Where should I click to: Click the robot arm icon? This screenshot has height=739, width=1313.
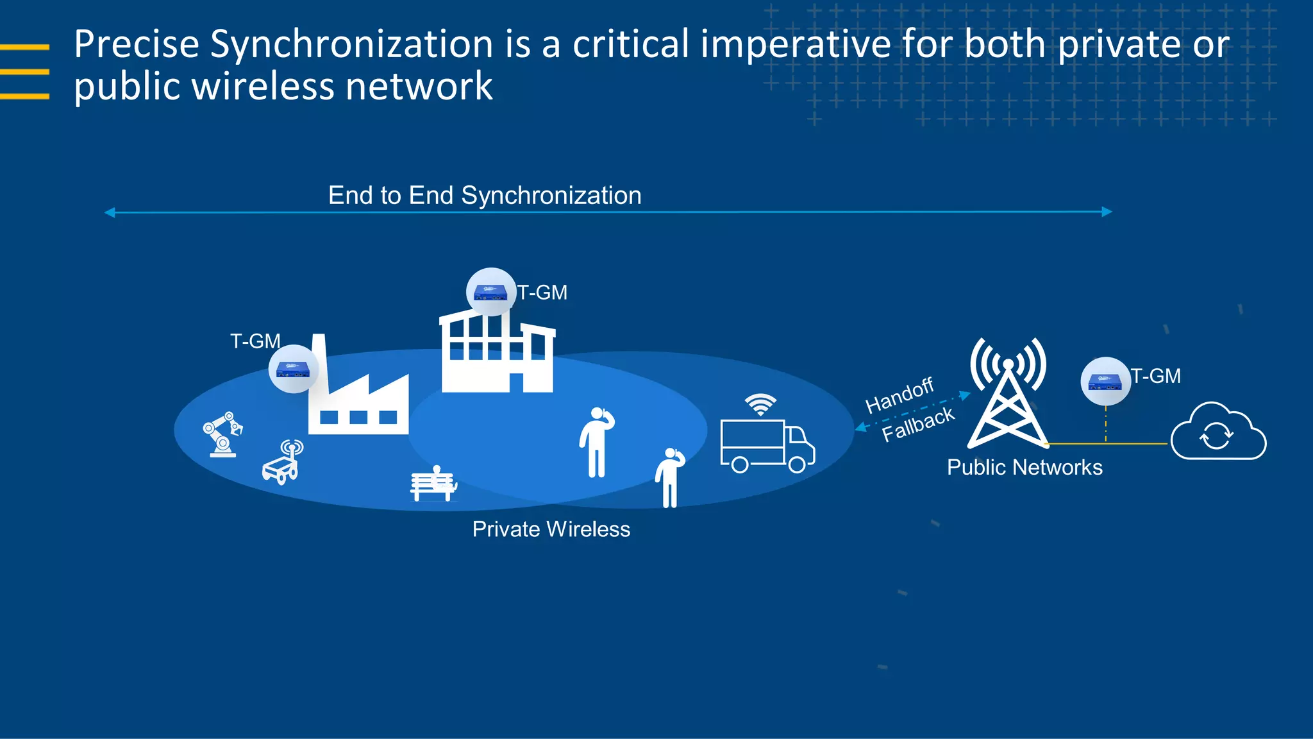(x=222, y=434)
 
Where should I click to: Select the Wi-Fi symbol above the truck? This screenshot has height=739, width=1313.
(x=760, y=405)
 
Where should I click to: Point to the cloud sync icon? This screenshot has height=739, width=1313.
(x=1217, y=433)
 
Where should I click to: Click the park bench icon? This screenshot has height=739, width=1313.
(x=433, y=484)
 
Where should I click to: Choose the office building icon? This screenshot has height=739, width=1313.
(x=498, y=353)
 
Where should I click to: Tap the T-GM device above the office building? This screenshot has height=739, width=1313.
(x=491, y=292)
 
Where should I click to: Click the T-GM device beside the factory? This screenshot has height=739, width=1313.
(x=293, y=369)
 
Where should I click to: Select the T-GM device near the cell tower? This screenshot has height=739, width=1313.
(x=1105, y=381)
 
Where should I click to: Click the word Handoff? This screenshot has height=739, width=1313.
(x=899, y=395)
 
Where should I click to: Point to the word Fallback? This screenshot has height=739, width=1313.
(x=918, y=424)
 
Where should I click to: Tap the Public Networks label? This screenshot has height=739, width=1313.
(x=1024, y=468)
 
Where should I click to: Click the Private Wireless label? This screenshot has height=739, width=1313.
(x=551, y=529)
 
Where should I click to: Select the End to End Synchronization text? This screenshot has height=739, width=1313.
(x=485, y=195)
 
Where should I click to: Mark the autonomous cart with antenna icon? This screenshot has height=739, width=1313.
(x=282, y=463)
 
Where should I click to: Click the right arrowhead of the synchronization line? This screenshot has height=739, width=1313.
(x=1107, y=212)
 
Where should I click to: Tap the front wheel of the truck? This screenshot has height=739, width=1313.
(x=797, y=464)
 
